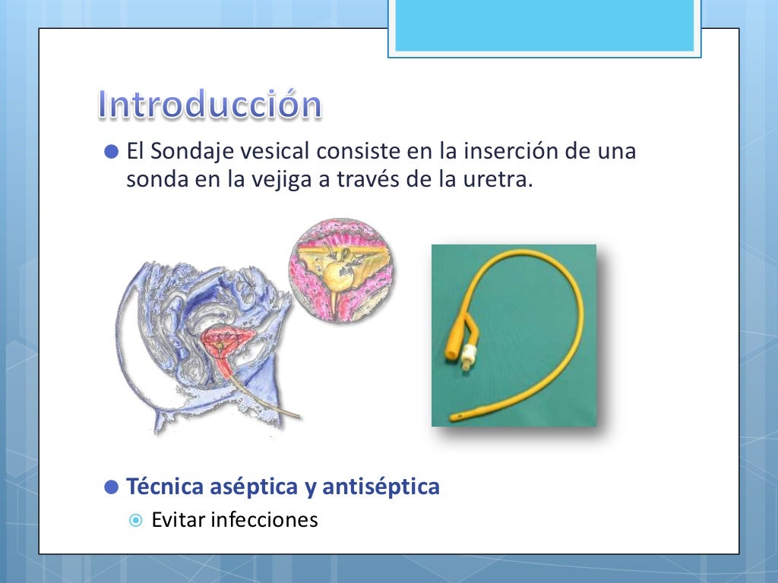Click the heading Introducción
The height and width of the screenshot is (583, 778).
point(210,106)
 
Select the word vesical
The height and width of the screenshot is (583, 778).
point(274,152)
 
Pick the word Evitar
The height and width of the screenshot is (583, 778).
point(179,521)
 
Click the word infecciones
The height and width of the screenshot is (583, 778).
point(264,521)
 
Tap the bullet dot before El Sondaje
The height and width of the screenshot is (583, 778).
point(112,152)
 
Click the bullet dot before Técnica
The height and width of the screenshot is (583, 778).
point(112,487)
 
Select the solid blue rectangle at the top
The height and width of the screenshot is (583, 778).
point(545,25)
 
